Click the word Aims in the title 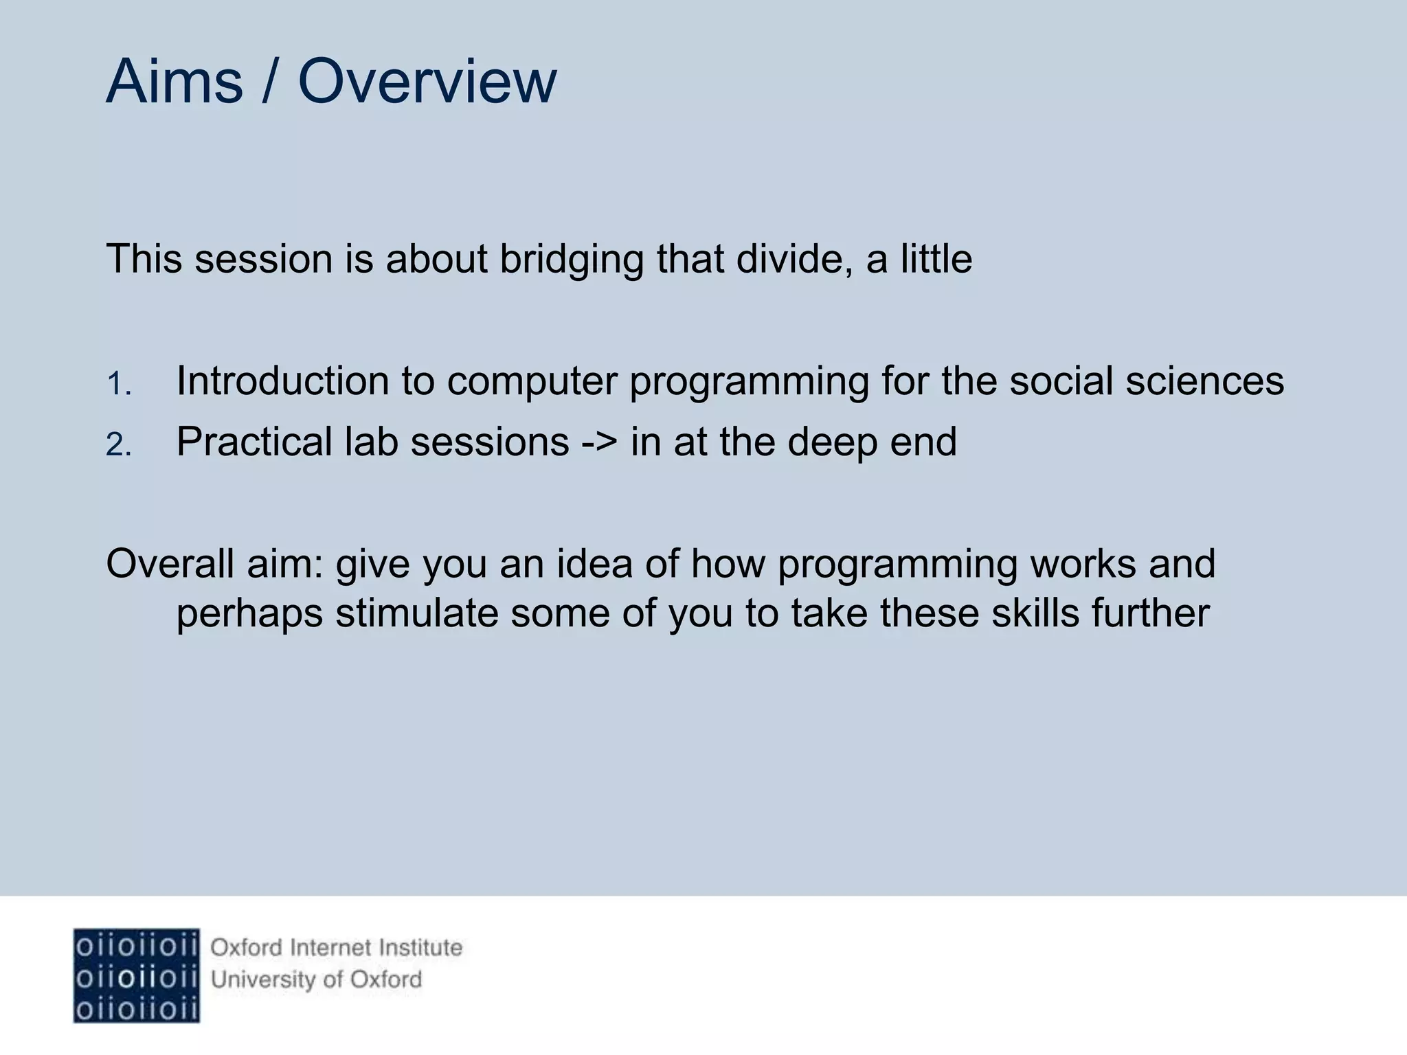(175, 82)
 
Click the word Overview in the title (427, 82)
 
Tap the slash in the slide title (270, 82)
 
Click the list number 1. (118, 384)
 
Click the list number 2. (118, 445)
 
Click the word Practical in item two (254, 442)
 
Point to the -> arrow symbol (600, 442)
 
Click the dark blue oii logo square (136, 975)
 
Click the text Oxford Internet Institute (336, 948)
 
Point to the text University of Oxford (316, 979)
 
